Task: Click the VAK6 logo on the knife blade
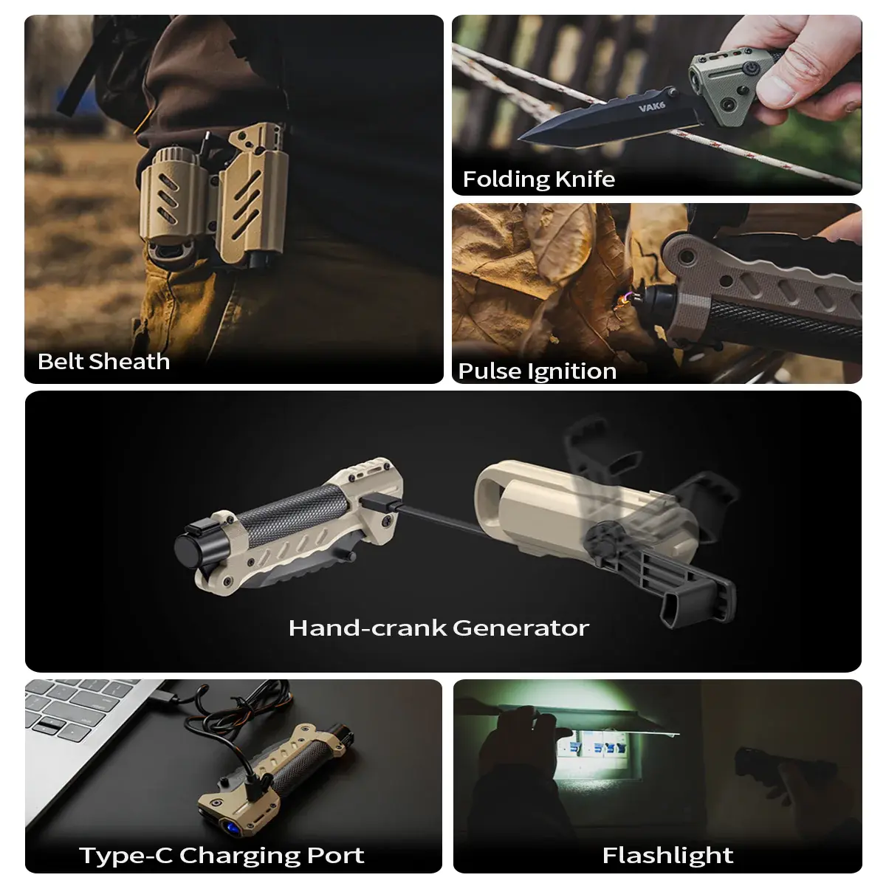click(x=651, y=108)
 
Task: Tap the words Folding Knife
click(x=538, y=179)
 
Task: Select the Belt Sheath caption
click(x=104, y=361)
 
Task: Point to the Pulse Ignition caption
click(x=537, y=371)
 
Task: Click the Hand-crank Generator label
click(x=439, y=628)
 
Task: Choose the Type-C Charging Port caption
click(x=221, y=842)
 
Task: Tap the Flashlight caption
click(x=667, y=842)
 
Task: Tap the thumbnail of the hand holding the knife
click(x=656, y=105)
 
